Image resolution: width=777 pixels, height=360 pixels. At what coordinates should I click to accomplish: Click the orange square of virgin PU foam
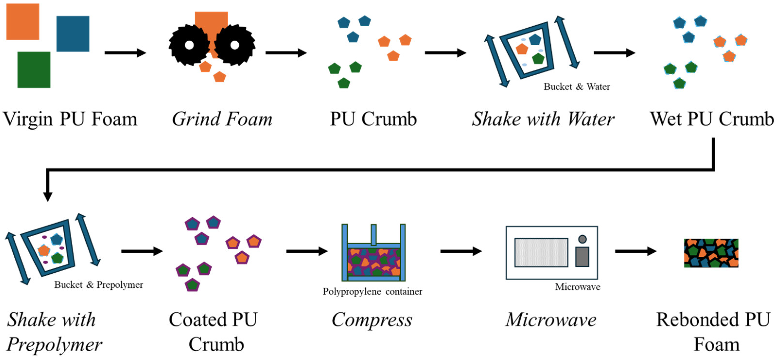click(23, 22)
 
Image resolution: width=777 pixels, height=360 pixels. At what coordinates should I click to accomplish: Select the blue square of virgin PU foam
click(73, 34)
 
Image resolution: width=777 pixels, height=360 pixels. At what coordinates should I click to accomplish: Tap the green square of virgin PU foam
click(34, 70)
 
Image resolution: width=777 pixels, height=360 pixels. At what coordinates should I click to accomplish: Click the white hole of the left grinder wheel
click(189, 45)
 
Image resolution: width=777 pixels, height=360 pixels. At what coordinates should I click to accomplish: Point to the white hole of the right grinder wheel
click(235, 45)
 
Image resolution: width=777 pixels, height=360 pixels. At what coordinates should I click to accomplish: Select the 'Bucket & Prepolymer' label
click(99, 285)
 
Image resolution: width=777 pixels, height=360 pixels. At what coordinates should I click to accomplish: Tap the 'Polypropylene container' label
click(372, 291)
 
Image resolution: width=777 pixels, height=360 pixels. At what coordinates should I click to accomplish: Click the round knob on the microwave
click(582, 239)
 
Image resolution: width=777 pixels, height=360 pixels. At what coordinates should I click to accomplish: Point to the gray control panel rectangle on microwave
click(582, 257)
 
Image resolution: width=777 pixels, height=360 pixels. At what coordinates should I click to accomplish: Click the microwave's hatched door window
click(541, 253)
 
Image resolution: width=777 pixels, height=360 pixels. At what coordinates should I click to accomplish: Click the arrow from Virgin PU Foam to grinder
click(125, 53)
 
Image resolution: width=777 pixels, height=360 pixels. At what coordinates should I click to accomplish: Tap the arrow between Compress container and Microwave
click(461, 251)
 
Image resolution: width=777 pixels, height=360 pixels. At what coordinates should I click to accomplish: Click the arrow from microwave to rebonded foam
click(636, 251)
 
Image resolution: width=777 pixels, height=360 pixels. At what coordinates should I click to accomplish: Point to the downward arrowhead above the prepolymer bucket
click(48, 196)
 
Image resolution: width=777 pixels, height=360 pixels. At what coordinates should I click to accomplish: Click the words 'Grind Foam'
click(222, 119)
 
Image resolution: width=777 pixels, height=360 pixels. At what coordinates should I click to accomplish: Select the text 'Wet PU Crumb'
click(712, 119)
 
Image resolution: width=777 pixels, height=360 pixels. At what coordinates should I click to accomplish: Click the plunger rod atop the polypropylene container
click(374, 235)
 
